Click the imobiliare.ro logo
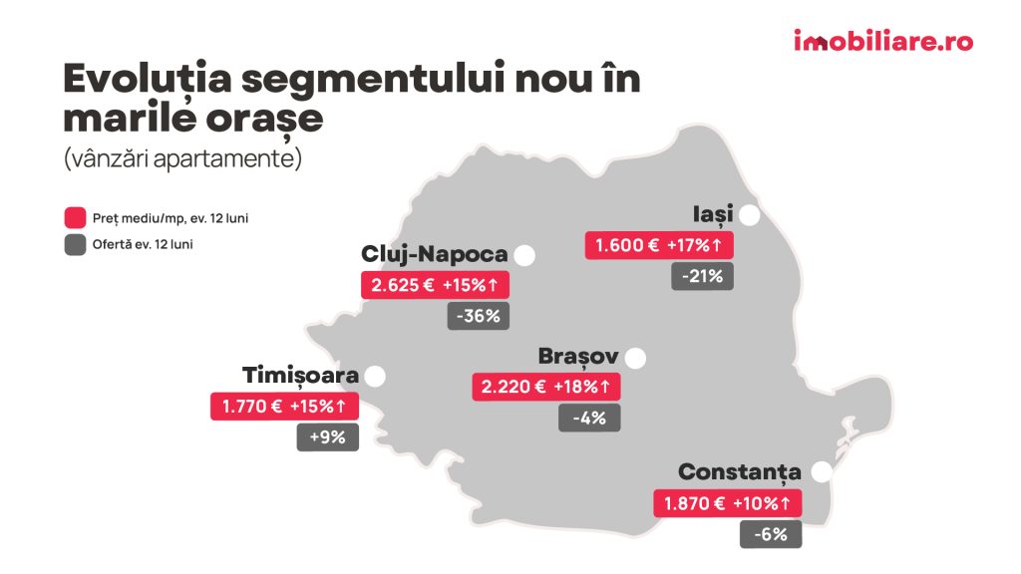coord(882,42)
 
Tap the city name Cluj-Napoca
coord(435,254)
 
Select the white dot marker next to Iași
coord(750,215)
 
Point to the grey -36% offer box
coord(478,317)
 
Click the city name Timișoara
coord(300,376)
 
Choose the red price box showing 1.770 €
coord(284,407)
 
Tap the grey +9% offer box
coord(327,437)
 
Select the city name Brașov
coord(578,357)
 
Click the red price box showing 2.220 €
coord(545,387)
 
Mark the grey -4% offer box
coord(589,418)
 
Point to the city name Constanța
coord(740,471)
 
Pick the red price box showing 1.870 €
coord(727,503)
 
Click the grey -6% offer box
coord(770,534)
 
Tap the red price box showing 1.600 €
coord(659,245)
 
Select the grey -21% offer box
coord(702,276)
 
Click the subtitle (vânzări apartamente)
coord(182,159)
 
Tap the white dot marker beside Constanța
coord(822,472)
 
